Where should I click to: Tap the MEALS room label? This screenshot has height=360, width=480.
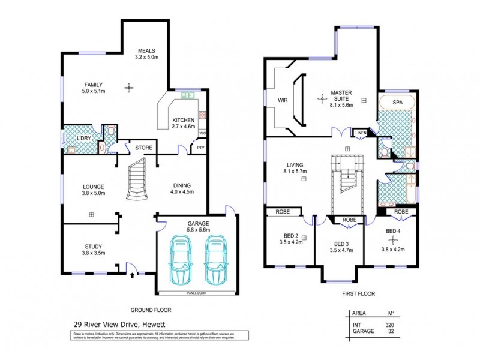pos(148,50)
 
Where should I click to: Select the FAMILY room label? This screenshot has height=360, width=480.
pos(94,85)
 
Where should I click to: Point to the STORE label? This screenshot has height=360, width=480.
pos(144,148)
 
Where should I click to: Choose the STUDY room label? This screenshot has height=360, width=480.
pos(94,245)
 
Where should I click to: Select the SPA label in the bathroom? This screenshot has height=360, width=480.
pos(397,103)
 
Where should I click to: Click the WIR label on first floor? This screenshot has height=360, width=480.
pos(284,100)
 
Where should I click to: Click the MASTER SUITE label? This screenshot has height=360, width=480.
pos(341,93)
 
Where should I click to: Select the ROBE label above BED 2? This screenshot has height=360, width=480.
pos(283,212)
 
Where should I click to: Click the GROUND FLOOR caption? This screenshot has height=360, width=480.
pos(151,310)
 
